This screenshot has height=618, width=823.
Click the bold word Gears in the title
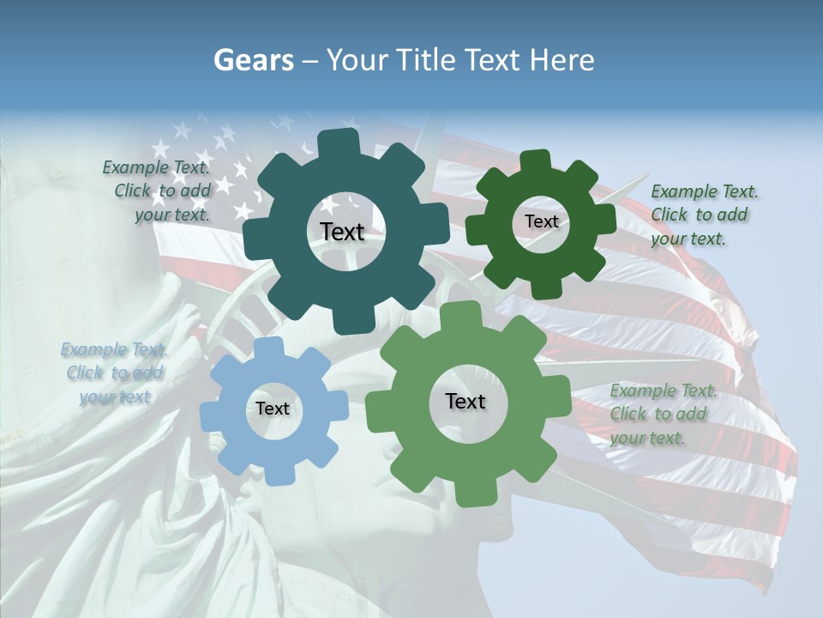[x=252, y=60]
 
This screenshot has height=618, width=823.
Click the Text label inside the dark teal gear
[x=342, y=232]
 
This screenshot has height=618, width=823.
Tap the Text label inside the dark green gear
[x=541, y=221]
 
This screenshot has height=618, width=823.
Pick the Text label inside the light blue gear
[x=273, y=409]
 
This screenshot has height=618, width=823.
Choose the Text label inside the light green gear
[x=466, y=402]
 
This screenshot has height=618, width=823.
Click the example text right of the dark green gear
[x=704, y=215]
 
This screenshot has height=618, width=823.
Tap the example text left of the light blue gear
[x=115, y=373]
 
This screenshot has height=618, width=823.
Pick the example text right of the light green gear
[x=663, y=415]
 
